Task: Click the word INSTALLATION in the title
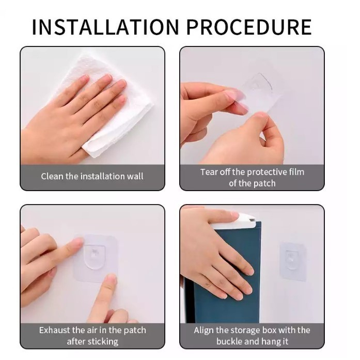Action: point(105,27)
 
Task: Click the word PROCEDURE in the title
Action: point(249,27)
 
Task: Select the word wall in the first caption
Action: point(135,176)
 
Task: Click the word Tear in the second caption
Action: point(208,172)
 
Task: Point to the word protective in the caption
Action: point(267,173)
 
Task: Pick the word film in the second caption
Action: point(297,172)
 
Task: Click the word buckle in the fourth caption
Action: point(229,341)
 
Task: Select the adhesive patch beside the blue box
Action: point(293,261)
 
